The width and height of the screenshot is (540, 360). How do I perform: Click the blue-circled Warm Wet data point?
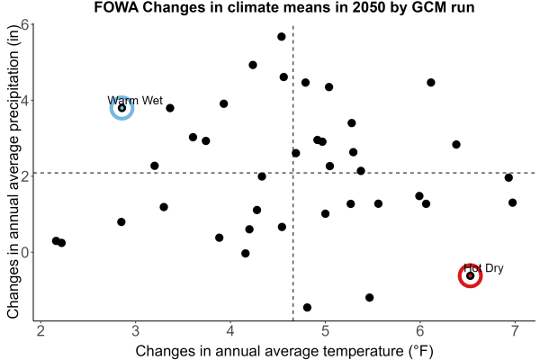pyautogui.click(x=121, y=108)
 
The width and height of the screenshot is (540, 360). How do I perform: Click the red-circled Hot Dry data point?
pyautogui.click(x=470, y=275)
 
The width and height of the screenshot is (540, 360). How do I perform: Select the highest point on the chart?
pyautogui.click(x=282, y=37)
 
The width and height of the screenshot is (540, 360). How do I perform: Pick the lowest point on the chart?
pyautogui.click(x=307, y=307)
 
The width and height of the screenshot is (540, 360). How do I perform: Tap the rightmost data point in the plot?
pyautogui.click(x=512, y=202)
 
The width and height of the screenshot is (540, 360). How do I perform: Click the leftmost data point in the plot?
pyautogui.click(x=56, y=241)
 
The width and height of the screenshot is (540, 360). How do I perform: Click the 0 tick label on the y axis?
pyautogui.click(x=25, y=252)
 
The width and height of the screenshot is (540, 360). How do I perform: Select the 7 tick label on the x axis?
pyautogui.click(x=515, y=331)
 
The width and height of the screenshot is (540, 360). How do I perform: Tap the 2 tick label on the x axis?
pyautogui.click(x=41, y=331)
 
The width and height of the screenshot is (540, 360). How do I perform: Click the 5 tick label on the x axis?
pyautogui.click(x=325, y=331)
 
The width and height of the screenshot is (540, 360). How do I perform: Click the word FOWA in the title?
pyautogui.click(x=116, y=7)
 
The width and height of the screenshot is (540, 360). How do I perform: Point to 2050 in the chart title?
pyautogui.click(x=368, y=7)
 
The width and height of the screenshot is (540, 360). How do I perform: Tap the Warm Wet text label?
pyautogui.click(x=135, y=100)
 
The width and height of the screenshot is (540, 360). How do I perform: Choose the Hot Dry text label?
pyautogui.click(x=483, y=268)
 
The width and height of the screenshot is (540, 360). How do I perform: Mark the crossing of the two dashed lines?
pyautogui.click(x=293, y=173)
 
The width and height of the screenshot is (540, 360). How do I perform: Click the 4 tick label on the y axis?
pyautogui.click(x=25, y=101)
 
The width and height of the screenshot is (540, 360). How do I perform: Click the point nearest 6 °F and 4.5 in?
pyautogui.click(x=431, y=82)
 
